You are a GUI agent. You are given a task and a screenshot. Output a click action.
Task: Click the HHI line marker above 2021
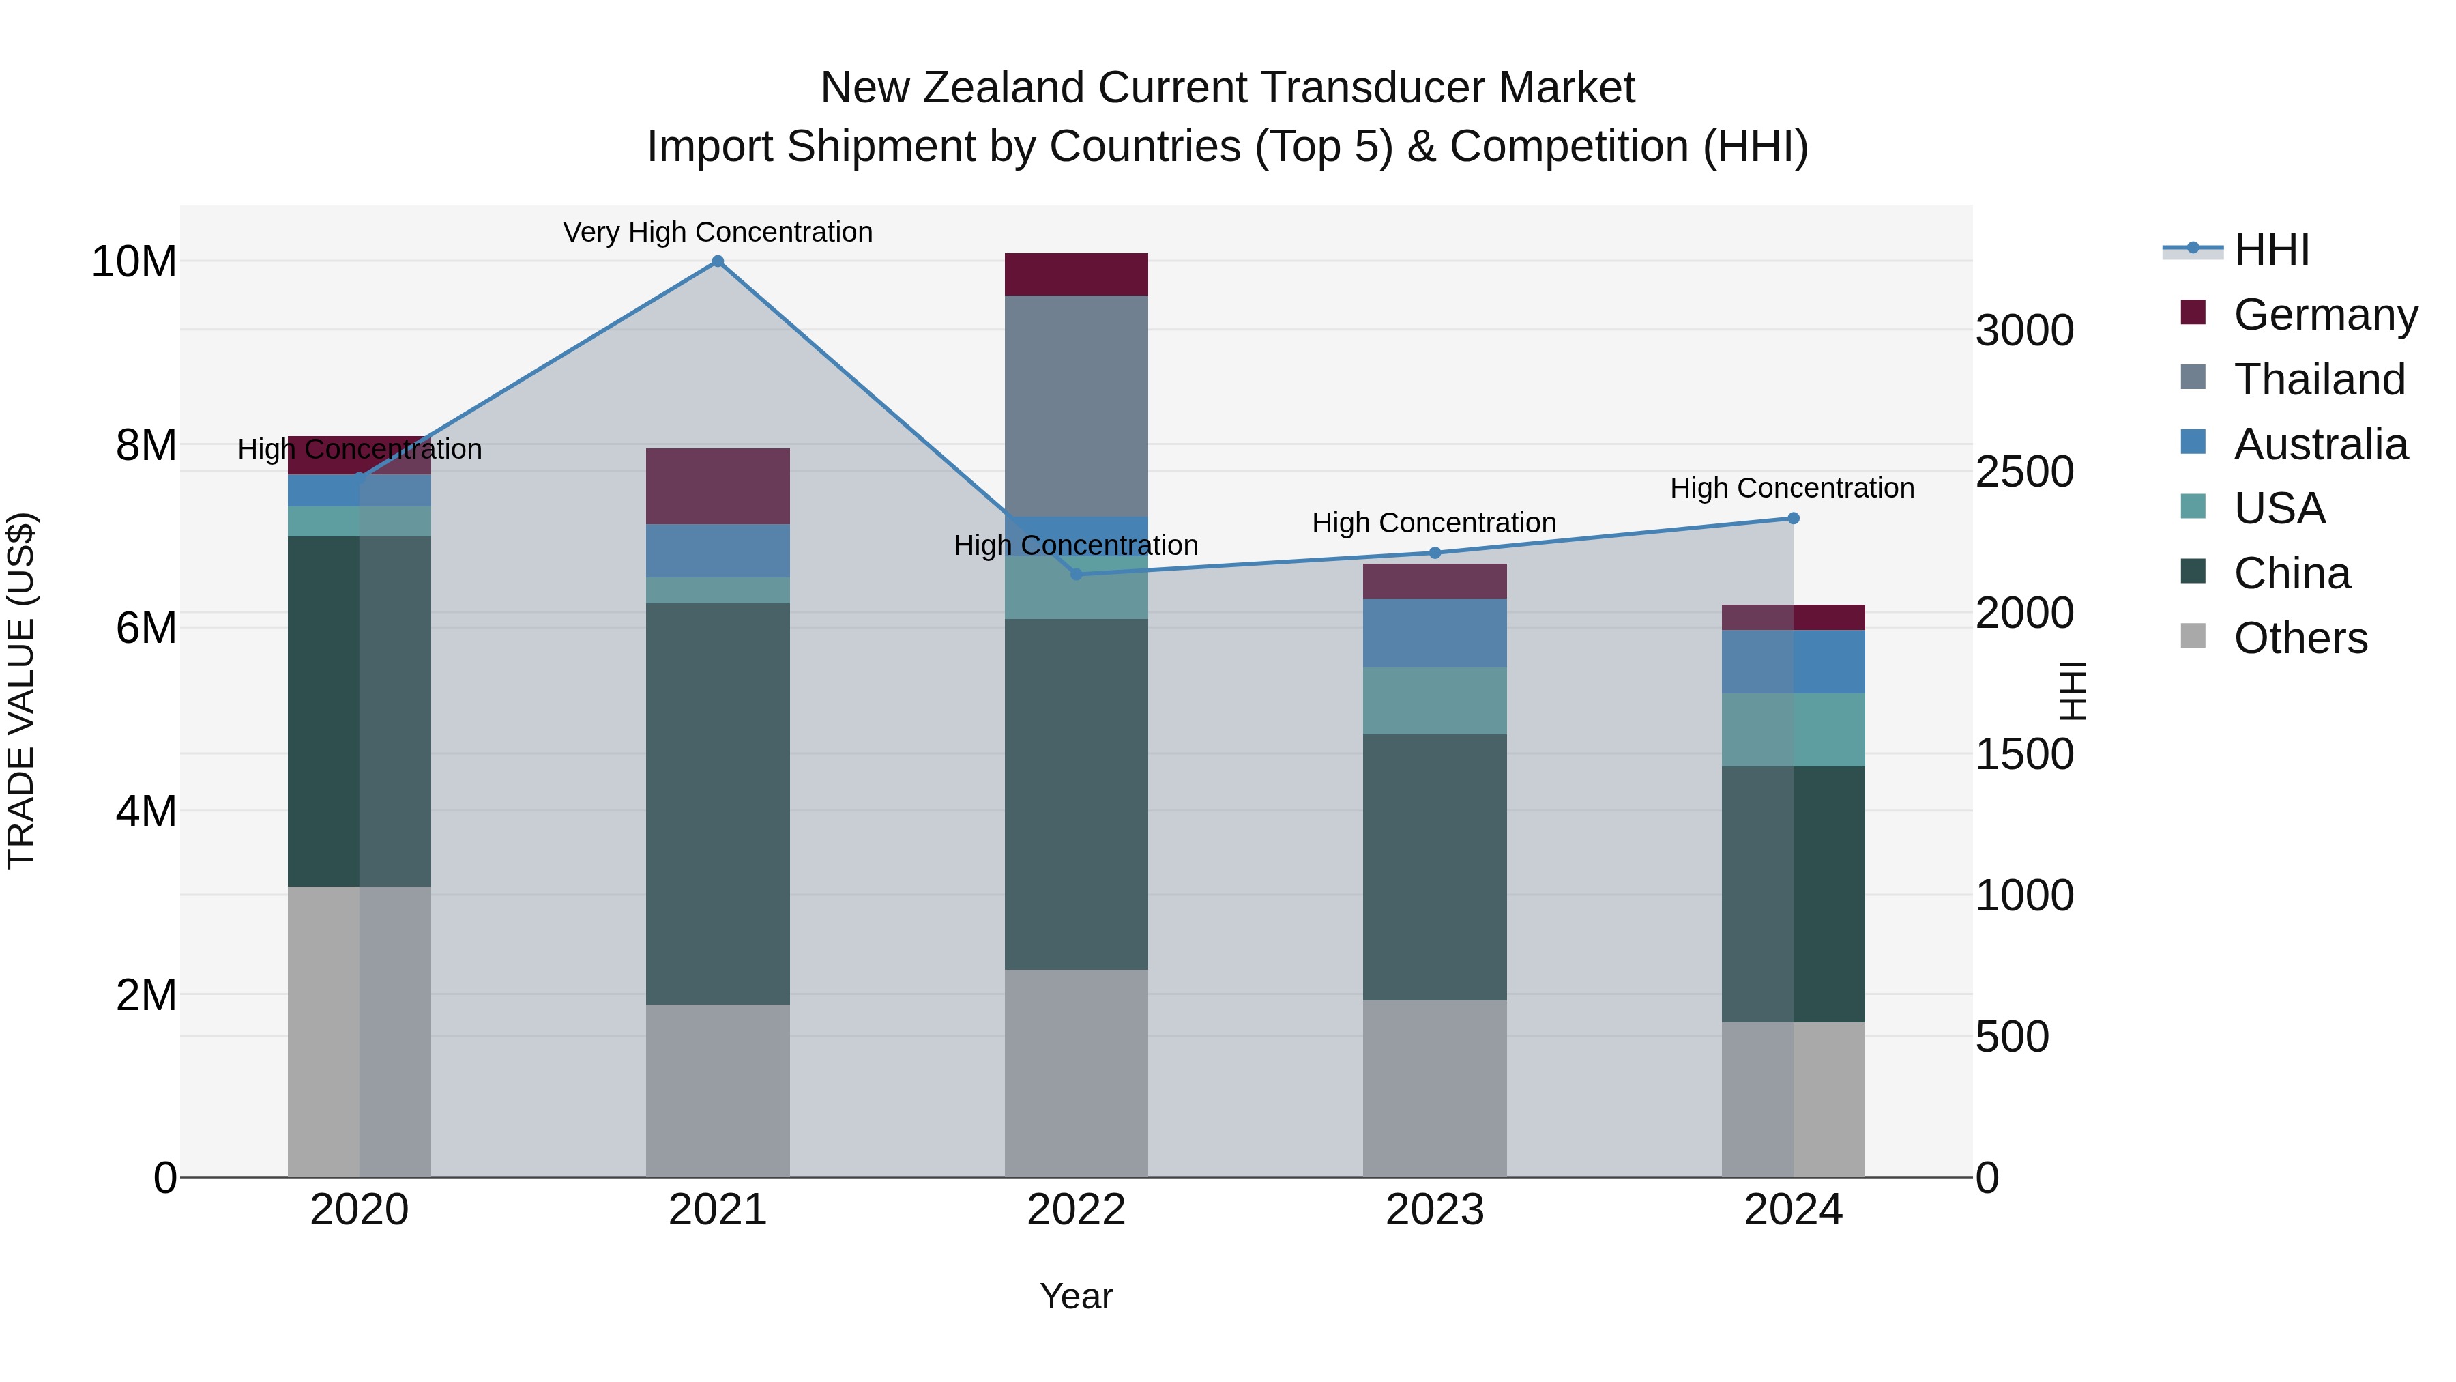[718, 261]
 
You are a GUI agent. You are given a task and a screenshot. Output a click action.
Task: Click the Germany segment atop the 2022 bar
[1077, 274]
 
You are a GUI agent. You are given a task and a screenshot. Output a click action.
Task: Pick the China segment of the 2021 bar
[718, 803]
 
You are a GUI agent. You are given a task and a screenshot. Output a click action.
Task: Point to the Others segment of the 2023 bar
[1435, 1089]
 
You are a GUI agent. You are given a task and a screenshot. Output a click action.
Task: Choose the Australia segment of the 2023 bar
[1435, 633]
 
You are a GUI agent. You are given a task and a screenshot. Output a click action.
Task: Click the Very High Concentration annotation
[718, 232]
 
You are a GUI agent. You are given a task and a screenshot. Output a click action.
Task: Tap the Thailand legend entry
[2319, 379]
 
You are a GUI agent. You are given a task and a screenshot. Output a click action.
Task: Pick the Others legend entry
[2300, 638]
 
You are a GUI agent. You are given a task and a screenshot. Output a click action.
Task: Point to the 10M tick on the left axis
[134, 261]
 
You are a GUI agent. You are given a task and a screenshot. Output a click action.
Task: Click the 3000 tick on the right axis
[2024, 331]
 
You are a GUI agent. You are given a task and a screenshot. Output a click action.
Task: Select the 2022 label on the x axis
[1077, 1210]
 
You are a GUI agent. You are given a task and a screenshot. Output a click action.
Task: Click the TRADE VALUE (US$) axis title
[21, 691]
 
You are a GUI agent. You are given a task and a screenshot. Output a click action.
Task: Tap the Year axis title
[1077, 1296]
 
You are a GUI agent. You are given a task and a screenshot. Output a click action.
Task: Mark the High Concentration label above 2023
[1434, 523]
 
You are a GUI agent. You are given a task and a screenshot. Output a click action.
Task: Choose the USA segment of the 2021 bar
[718, 590]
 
